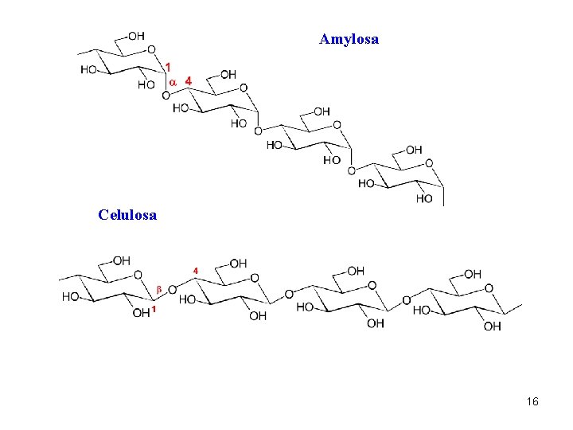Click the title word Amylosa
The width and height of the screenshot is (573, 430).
point(349,39)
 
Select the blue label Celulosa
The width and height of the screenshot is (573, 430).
point(127,214)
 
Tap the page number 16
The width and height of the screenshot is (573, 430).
point(532,401)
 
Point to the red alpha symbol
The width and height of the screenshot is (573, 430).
point(172,81)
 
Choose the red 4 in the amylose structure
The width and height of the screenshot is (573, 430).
point(188,81)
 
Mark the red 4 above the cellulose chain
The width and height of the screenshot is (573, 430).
point(196,271)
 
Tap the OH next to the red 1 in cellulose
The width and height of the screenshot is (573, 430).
point(140,313)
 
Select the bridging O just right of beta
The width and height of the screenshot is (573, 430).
point(172,287)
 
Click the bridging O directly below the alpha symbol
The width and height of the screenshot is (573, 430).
point(166,96)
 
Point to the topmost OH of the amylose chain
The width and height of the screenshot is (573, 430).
point(136,36)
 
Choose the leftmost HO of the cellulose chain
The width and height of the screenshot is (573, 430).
point(71,297)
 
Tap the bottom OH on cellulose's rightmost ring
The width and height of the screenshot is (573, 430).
point(492,326)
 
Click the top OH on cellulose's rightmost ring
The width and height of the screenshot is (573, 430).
point(472,274)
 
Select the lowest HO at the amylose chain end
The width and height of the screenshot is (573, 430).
point(424,198)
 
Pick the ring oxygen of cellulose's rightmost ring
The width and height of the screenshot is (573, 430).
point(489,288)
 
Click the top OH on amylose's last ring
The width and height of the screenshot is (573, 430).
point(414,150)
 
